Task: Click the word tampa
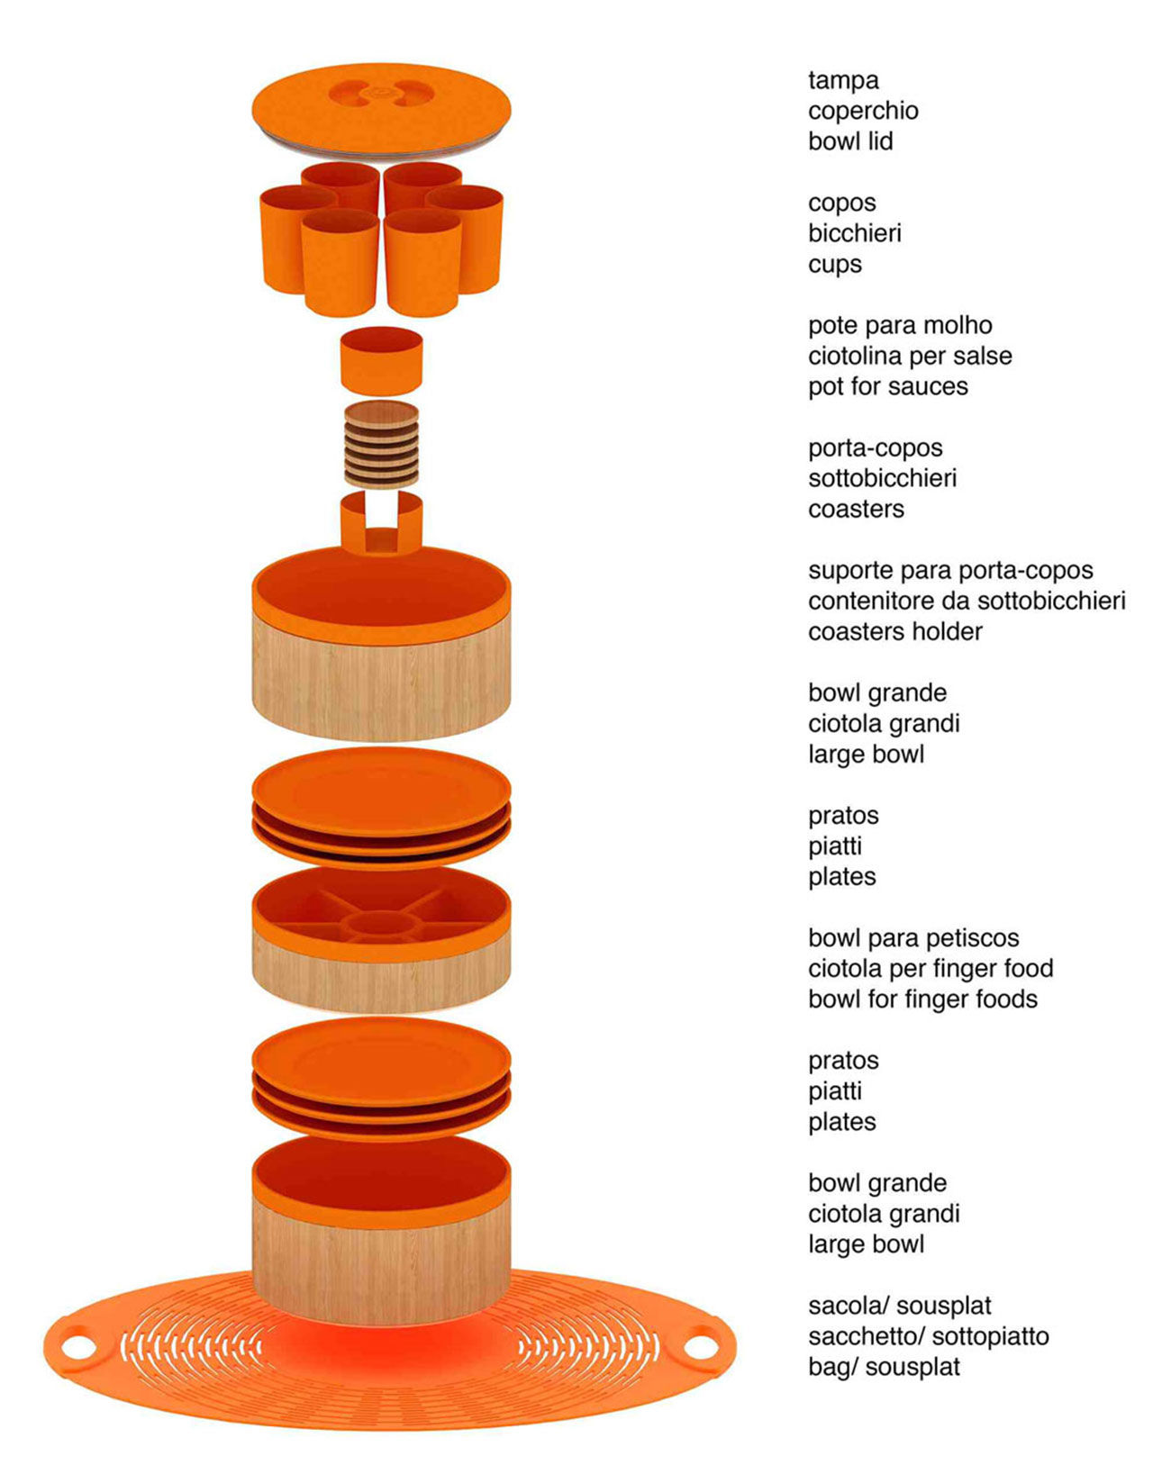[x=843, y=80]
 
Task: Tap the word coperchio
[x=863, y=112]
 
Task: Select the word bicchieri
[x=855, y=233]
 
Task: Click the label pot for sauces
[x=888, y=387]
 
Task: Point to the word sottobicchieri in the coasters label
[x=882, y=478]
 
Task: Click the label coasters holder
[x=895, y=632]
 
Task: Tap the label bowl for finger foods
[x=923, y=999]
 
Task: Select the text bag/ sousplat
[x=884, y=1368]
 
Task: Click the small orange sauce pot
[x=382, y=360]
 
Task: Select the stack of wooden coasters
[x=382, y=445]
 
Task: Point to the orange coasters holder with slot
[x=382, y=524]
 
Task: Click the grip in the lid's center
[x=382, y=94]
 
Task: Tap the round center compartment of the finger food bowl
[x=382, y=927]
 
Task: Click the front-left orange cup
[x=340, y=263]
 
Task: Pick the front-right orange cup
[x=423, y=263]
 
